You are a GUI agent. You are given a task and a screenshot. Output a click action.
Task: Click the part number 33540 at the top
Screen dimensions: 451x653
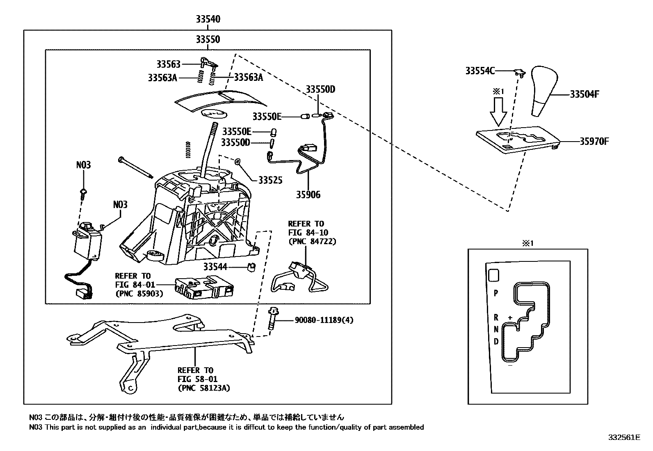(x=208, y=19)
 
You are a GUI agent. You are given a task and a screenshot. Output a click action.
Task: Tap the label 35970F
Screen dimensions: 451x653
(x=594, y=142)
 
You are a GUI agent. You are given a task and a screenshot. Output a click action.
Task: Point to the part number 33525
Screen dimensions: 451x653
(x=270, y=180)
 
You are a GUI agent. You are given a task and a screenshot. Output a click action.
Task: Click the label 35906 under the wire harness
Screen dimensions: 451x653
(x=308, y=195)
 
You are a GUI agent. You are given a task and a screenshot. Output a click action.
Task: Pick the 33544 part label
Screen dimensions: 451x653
(x=215, y=267)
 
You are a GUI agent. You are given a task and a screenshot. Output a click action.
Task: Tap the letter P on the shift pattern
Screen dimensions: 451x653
(x=496, y=293)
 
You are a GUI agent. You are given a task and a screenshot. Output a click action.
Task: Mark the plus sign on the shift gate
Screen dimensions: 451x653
(x=510, y=318)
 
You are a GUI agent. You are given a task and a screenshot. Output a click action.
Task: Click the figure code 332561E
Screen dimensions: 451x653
(x=624, y=437)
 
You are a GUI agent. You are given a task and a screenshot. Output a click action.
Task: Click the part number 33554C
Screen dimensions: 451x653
(x=479, y=71)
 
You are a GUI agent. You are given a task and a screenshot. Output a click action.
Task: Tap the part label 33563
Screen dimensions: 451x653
(x=168, y=64)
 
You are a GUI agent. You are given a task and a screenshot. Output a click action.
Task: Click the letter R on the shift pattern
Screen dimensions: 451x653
(x=496, y=317)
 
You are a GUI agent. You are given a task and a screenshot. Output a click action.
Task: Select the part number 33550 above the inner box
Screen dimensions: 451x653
(x=208, y=39)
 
